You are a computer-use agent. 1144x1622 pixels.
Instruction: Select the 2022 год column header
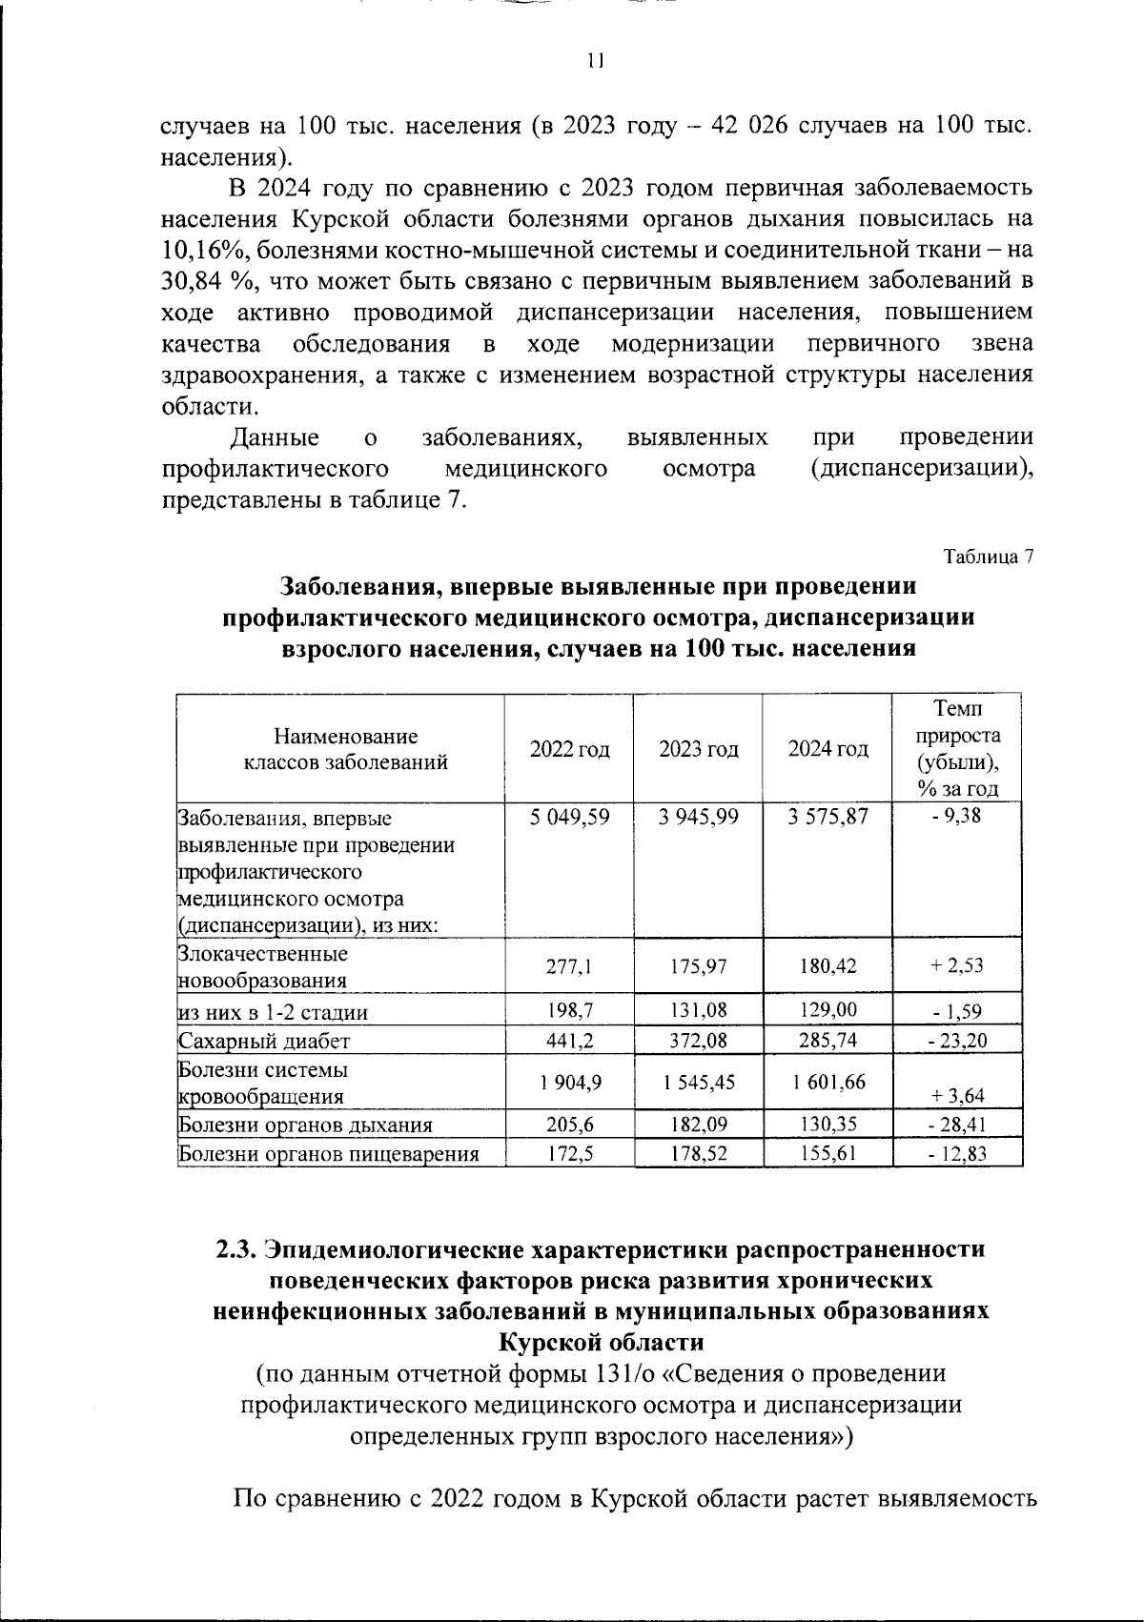point(569,749)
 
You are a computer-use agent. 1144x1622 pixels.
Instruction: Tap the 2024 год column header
point(827,749)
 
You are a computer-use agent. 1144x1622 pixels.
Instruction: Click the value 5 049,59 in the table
point(569,817)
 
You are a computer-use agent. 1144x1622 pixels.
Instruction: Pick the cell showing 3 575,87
point(827,817)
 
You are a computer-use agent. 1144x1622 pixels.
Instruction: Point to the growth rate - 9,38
point(956,817)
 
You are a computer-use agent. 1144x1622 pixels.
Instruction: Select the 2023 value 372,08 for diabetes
point(698,1040)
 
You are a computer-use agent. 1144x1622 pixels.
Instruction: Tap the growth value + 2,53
point(956,965)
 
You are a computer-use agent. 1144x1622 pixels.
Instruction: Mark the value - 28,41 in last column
point(956,1125)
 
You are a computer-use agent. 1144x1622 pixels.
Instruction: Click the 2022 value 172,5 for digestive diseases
point(569,1154)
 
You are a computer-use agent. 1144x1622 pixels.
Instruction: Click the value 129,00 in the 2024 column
point(827,1010)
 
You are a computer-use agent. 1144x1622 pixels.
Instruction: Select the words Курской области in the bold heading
point(602,1343)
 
